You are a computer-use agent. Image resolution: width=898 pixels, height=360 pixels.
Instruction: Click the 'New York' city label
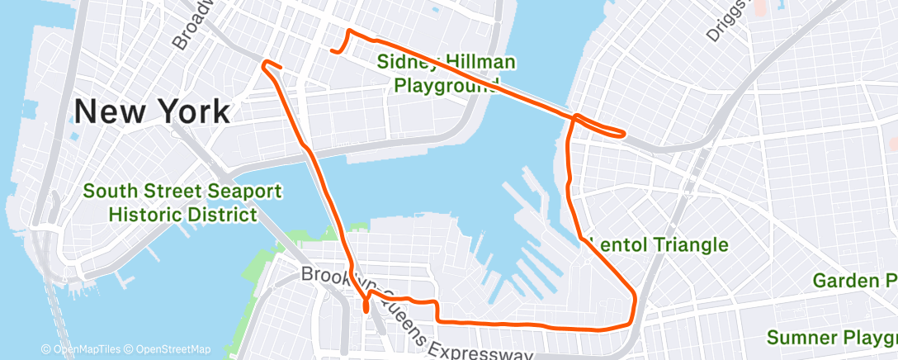(153, 111)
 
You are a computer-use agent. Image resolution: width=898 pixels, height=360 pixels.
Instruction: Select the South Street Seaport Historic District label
(182, 203)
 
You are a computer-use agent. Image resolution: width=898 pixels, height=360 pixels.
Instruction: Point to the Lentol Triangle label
(657, 244)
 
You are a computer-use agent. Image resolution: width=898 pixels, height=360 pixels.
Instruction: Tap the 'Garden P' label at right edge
(855, 281)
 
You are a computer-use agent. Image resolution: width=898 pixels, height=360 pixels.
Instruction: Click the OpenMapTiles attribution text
(83, 349)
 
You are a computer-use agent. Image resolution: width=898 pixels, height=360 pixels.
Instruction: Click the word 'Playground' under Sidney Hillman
(447, 84)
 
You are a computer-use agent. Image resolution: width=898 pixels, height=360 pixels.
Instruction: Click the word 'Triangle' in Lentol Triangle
(692, 244)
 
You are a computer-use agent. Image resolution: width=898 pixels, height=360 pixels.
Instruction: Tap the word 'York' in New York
(195, 111)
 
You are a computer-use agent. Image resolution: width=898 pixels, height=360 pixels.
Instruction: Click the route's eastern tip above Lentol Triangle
(625, 133)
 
